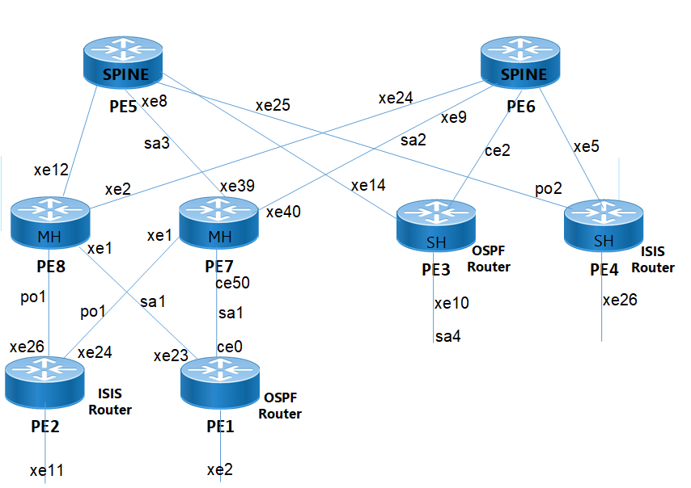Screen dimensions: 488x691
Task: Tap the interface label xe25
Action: (273, 105)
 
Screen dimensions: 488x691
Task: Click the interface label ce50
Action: (232, 284)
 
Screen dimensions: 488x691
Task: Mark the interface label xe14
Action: (368, 186)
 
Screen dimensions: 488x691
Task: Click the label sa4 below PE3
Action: (447, 335)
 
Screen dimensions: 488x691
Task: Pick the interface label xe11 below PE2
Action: (47, 470)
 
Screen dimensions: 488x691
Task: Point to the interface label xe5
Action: (587, 147)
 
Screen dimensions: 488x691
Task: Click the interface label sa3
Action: (157, 143)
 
